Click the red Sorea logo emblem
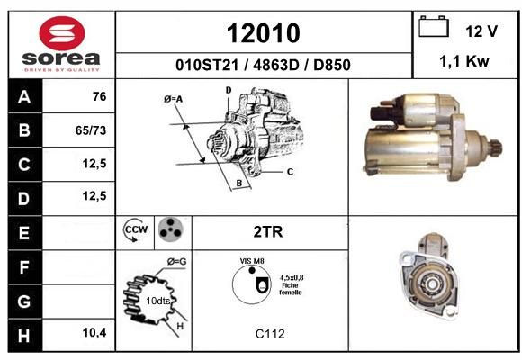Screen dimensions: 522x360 pyautogui.click(x=61, y=33)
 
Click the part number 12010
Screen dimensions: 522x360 pyautogui.click(x=264, y=33)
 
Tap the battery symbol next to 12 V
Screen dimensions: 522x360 pyautogui.click(x=434, y=26)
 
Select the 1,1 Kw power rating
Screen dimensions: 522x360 pyautogui.click(x=464, y=61)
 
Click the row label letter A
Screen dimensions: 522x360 pyautogui.click(x=24, y=97)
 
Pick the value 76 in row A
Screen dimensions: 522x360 pyautogui.click(x=100, y=96)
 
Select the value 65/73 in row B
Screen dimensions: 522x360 pyautogui.click(x=91, y=130)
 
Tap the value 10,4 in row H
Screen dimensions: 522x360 pyautogui.click(x=94, y=332)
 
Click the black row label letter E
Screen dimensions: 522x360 pyautogui.click(x=24, y=233)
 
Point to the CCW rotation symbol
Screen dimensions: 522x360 pyautogui.click(x=136, y=229)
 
